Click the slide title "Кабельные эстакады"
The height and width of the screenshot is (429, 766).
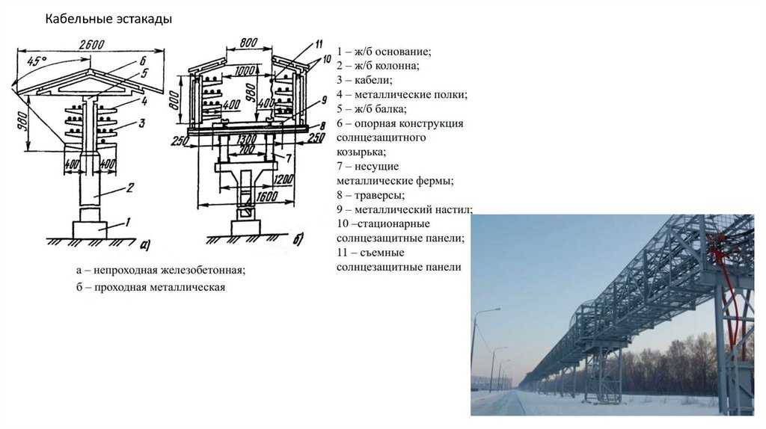pyautogui.click(x=108, y=19)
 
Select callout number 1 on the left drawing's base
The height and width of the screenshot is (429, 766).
pyautogui.click(x=127, y=221)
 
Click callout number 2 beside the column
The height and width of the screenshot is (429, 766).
pyautogui.click(x=129, y=188)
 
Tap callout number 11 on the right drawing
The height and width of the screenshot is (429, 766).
pyautogui.click(x=318, y=43)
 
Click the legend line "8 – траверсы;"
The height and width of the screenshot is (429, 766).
pyautogui.click(x=370, y=195)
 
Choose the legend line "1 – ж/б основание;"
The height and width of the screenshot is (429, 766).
pyautogui.click(x=384, y=52)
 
